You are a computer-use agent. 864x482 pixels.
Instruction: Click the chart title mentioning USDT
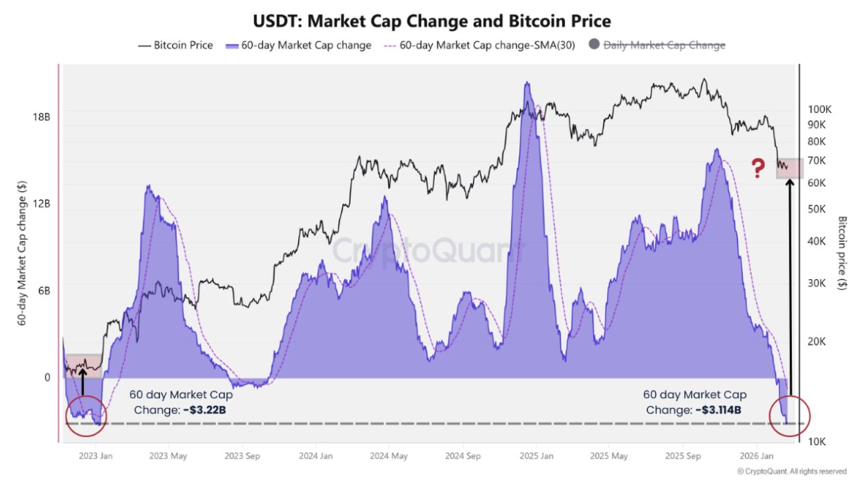pos(431,20)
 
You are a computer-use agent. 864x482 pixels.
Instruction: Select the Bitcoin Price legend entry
pos(177,46)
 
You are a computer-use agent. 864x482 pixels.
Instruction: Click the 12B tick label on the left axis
pos(42,204)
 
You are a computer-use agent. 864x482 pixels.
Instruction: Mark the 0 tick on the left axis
pos(47,377)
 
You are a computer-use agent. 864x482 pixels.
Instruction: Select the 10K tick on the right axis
pos(817,441)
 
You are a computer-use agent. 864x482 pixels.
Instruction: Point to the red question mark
pos(759,167)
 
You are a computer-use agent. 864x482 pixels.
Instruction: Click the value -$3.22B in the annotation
pos(204,409)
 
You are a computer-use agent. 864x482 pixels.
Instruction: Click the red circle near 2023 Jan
pos(86,417)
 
